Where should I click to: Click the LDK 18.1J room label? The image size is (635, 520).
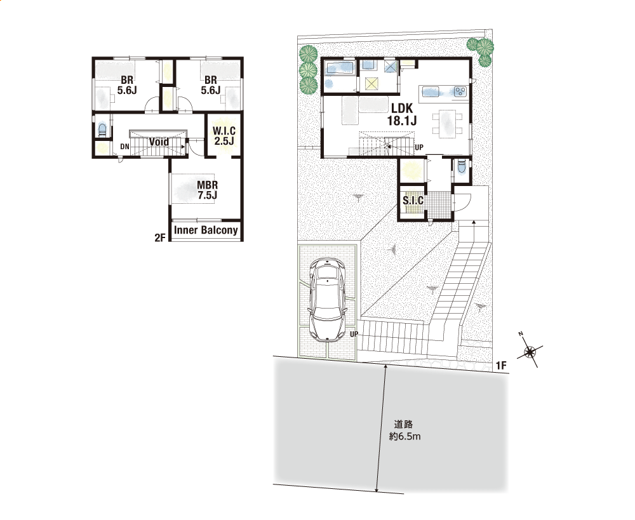coord(402,114)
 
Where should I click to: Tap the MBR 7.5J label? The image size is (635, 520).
coord(208,190)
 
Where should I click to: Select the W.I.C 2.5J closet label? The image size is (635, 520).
coord(224,136)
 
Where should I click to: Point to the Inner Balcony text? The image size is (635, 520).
coord(206,230)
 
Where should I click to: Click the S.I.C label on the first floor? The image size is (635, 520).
coord(413,200)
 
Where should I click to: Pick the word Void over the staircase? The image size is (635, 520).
coord(159,142)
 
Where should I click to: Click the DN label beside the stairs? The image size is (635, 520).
coord(124,147)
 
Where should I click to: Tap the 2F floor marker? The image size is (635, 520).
coord(161,237)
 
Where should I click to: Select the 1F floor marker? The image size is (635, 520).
coord(502,365)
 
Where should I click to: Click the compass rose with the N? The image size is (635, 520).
coord(530,352)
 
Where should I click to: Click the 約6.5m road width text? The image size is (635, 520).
coord(404,437)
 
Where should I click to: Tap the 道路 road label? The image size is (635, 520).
coord(403,424)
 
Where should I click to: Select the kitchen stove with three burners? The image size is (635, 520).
coord(460,91)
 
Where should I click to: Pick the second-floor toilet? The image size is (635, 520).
coord(102,130)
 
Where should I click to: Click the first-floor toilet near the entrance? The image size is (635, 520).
coord(461,168)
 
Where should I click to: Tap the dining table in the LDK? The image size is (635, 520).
coord(447,124)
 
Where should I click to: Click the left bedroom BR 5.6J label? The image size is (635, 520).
coord(127,85)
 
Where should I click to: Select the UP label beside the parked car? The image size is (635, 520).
coord(354,335)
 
